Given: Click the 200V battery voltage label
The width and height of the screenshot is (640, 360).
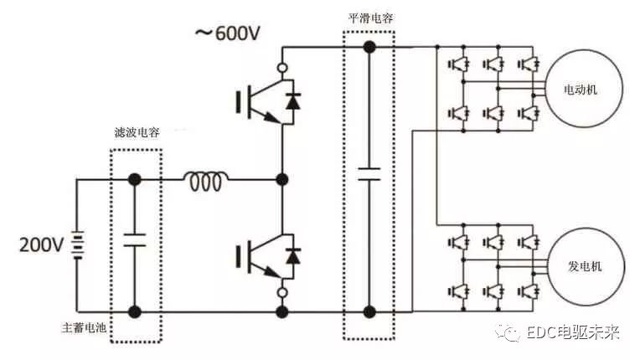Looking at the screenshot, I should tap(42, 244).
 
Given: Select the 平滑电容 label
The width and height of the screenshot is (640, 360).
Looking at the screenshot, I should tap(369, 18).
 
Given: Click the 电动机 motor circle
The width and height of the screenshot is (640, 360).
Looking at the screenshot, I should tap(583, 90).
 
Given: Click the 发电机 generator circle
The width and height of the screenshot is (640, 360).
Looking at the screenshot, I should tap(583, 266).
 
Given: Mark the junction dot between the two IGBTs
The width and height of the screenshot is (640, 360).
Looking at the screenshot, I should tap(283, 179).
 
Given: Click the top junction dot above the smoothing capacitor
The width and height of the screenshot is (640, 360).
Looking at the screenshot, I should tap(369, 46).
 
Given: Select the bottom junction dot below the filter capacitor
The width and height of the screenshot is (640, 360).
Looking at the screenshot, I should tap(134, 311).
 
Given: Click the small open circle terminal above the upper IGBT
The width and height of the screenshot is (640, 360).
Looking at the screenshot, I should tap(283, 65).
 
